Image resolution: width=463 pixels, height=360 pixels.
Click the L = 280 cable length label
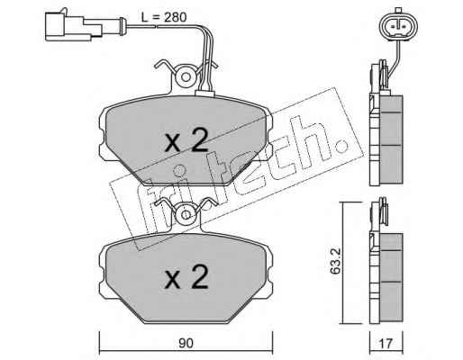coord(164,17)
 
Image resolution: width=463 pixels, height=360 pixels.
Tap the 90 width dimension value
coord(186,343)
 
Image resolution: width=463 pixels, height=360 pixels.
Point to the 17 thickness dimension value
coord(386,343)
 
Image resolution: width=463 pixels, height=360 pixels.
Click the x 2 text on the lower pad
coord(186,277)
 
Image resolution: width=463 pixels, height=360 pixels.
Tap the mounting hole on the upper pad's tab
coord(186,77)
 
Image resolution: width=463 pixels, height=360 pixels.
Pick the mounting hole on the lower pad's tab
coord(186,214)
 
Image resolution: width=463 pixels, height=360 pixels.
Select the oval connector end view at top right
coord(399,25)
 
